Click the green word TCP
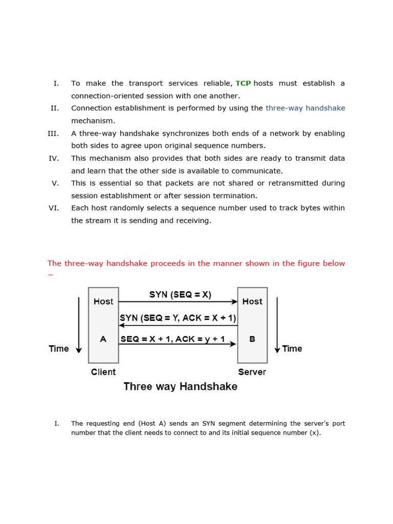tap(243, 83)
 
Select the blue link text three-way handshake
tap(305, 108)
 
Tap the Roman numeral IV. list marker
tap(54, 159)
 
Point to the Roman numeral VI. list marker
tap(54, 208)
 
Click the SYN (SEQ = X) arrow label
tap(180, 295)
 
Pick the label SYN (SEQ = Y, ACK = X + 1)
tap(178, 318)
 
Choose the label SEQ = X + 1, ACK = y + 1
tap(173, 339)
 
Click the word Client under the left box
tap(103, 372)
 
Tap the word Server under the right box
tap(252, 372)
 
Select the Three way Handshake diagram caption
tap(180, 387)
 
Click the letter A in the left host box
tap(103, 339)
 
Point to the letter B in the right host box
tap(252, 339)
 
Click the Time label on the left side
tap(58, 348)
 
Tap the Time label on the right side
tap(292, 348)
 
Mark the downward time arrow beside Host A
tap(79, 325)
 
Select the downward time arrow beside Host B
tap(277, 325)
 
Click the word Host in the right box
tap(252, 301)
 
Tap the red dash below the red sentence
tap(50, 275)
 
